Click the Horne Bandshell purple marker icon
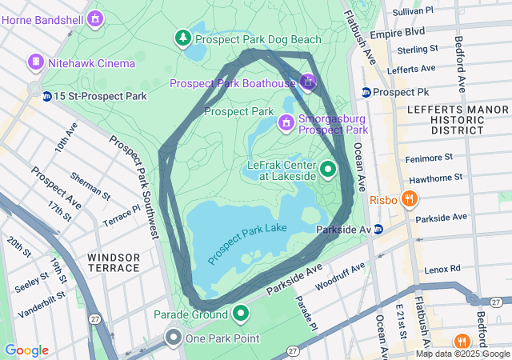pos(96,17)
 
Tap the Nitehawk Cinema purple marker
pos(35,62)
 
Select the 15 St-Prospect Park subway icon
pos(47,97)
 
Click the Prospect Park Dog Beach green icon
pos(184,38)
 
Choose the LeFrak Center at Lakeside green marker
pos(328,170)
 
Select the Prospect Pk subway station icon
pos(366,92)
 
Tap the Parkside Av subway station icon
pos(378,230)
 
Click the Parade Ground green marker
pos(241,313)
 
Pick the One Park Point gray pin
pos(174,338)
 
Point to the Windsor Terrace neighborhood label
pos(114,262)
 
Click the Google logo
pos(26,350)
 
